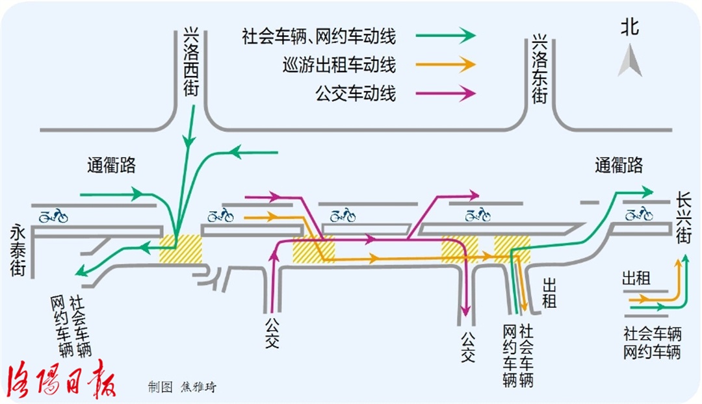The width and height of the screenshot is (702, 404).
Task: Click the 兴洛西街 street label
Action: tap(190, 62)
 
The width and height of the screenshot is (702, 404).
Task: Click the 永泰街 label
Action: tap(18, 250)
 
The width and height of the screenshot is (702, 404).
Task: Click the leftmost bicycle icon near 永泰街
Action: tap(53, 215)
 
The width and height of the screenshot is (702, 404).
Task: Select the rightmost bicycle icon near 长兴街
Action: tap(638, 212)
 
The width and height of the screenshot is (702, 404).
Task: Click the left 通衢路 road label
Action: tap(111, 165)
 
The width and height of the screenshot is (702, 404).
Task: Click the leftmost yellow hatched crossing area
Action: tap(181, 249)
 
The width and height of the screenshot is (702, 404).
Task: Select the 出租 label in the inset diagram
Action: tap(636, 279)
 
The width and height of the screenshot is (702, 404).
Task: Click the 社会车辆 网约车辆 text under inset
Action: tap(651, 343)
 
